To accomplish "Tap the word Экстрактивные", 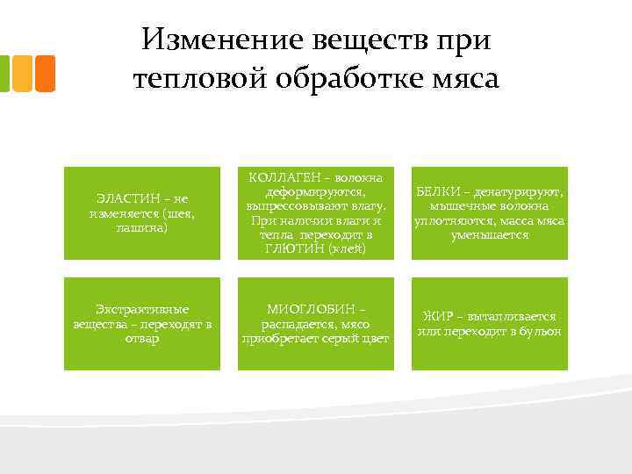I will [142, 309].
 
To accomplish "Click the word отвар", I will [142, 339].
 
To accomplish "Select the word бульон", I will [539, 330].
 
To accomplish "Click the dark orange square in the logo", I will [46, 74].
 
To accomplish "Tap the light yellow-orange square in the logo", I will [23, 74].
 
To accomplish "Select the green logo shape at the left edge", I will [4, 74].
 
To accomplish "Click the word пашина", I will [142, 227].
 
